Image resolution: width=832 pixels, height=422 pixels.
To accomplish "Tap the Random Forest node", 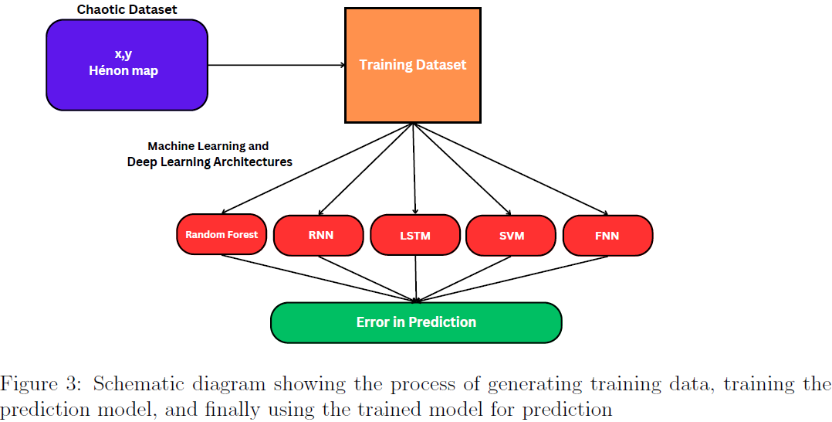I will [x=222, y=234].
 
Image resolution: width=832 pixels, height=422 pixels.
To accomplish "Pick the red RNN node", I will [x=318, y=235].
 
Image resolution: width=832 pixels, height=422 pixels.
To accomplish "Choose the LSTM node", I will [x=415, y=235].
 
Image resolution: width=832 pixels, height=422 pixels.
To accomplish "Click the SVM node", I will [x=511, y=235].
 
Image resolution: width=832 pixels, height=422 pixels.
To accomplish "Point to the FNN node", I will [x=607, y=235].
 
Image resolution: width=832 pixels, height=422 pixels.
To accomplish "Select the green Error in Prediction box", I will [x=416, y=322].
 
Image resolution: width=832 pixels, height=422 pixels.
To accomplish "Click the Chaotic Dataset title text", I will [x=127, y=10].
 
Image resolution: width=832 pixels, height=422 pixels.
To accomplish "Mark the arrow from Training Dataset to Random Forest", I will [x=316, y=169].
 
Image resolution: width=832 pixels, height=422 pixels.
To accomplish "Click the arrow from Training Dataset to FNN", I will [x=509, y=169].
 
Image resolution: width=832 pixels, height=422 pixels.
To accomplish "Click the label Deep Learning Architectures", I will [x=209, y=162].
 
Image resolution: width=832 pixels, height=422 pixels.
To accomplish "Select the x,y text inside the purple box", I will [x=123, y=55].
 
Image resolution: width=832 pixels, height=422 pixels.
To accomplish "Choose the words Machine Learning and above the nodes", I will [x=208, y=146].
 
